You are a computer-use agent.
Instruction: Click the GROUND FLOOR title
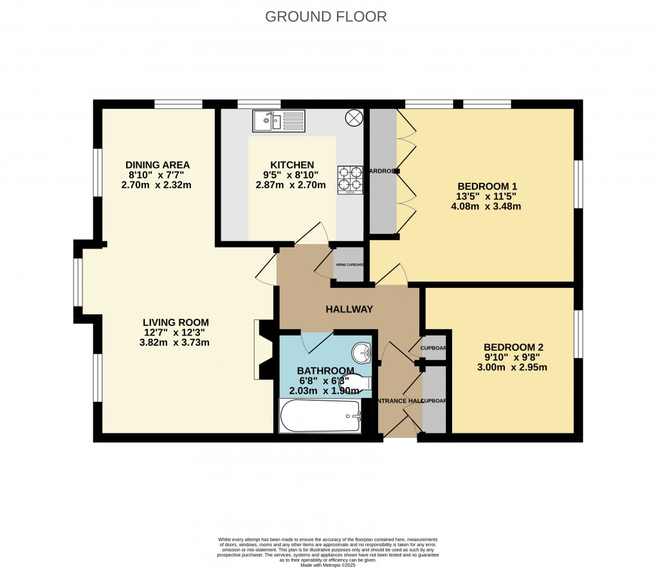pyautogui.click(x=326, y=17)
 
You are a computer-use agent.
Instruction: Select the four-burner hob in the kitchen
pyautogui.click(x=351, y=180)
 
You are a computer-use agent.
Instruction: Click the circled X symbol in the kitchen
pyautogui.click(x=354, y=118)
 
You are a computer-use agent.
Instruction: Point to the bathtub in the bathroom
pyautogui.click(x=320, y=416)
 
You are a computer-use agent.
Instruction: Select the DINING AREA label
pyautogui.click(x=158, y=165)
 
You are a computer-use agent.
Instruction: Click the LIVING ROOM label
pyautogui.click(x=176, y=323)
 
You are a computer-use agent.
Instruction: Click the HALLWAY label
pyautogui.click(x=349, y=309)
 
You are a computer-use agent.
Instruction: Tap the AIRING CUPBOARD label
pyautogui.click(x=350, y=265)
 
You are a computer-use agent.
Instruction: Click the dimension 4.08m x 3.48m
pyautogui.click(x=486, y=207)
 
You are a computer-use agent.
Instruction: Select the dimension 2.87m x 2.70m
pyautogui.click(x=291, y=185)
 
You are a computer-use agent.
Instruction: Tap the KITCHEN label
pyautogui.click(x=292, y=165)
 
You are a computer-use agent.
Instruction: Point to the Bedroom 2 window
pyautogui.click(x=578, y=333)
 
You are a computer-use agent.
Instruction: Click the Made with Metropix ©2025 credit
pyautogui.click(x=327, y=565)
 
